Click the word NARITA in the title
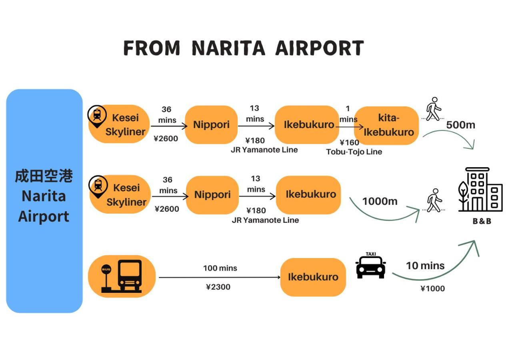(228, 48)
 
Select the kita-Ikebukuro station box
(386, 125)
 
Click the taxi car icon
(371, 266)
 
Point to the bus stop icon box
(122, 276)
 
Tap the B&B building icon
(480, 190)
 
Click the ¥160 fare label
(349, 142)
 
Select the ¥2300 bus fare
(218, 287)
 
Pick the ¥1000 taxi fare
(432, 288)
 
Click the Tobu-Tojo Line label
(354, 152)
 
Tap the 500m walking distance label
(461, 125)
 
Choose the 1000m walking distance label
(380, 201)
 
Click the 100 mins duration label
(220, 268)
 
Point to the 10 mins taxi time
(425, 266)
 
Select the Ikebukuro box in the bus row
(313, 277)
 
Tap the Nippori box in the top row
(211, 124)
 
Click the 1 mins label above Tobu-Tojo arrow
(348, 114)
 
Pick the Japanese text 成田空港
(44, 176)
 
